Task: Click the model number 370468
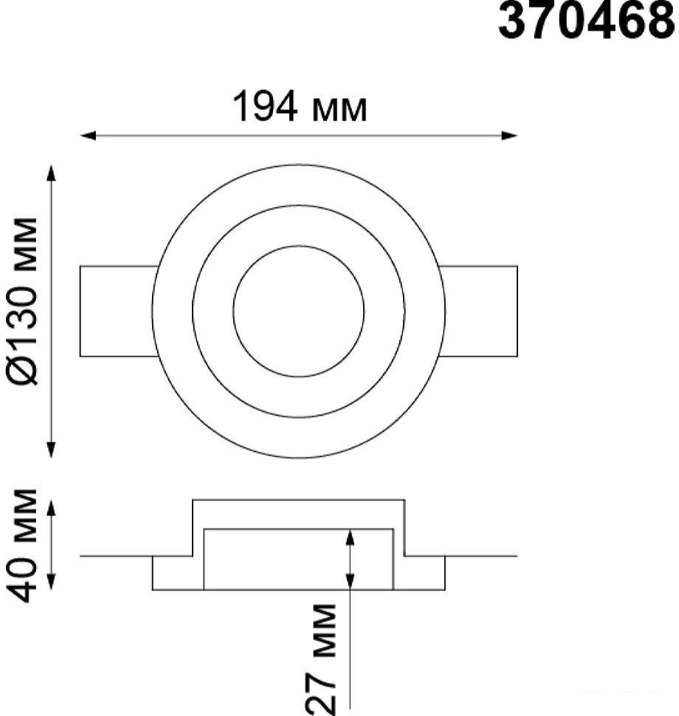pyautogui.click(x=586, y=21)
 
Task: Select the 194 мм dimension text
pyautogui.click(x=300, y=106)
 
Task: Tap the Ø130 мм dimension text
pyautogui.click(x=22, y=302)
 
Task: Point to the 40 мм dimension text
pyautogui.click(x=22, y=545)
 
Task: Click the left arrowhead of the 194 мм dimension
pyautogui.click(x=88, y=136)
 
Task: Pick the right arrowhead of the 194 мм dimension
pyautogui.click(x=509, y=136)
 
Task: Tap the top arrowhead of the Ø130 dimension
pyautogui.click(x=51, y=173)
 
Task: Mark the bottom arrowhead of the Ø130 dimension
pyautogui.click(x=51, y=450)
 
